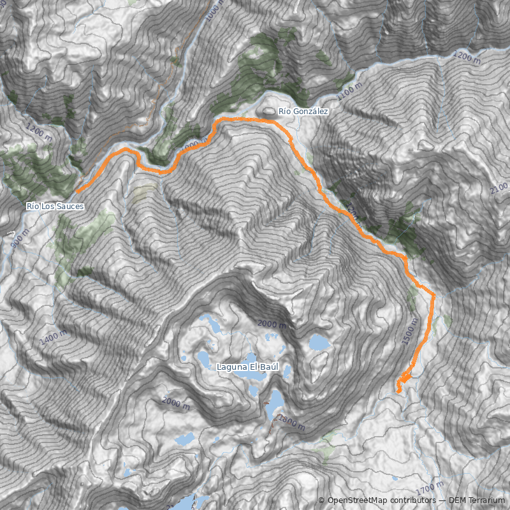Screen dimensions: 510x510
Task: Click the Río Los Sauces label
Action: click(55, 207)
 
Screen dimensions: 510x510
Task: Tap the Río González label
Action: click(303, 112)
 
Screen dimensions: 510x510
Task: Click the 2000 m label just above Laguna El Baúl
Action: click(273, 324)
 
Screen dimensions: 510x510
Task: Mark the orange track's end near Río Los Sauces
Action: click(77, 191)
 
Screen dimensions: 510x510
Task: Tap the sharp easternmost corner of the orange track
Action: click(434, 295)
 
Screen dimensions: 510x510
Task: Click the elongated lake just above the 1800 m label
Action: click(276, 402)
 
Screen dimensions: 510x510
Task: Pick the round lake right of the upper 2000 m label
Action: click(317, 343)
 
